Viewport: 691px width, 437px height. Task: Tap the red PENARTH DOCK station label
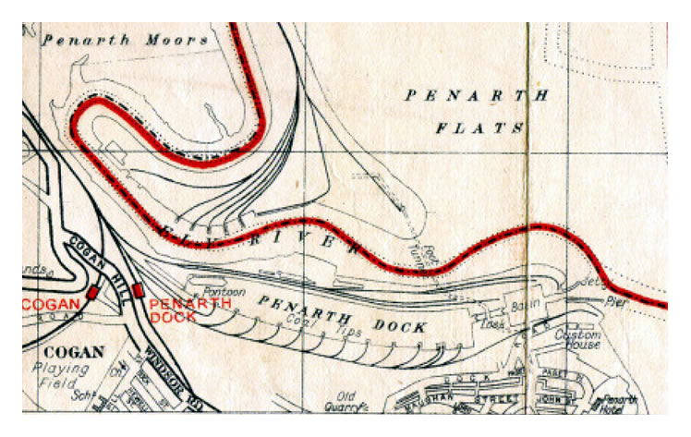[176, 310]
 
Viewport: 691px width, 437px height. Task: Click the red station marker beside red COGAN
[92, 292]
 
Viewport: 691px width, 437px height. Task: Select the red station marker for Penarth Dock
[139, 291]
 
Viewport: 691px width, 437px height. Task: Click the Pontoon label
[225, 291]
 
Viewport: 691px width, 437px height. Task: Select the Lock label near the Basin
[489, 324]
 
